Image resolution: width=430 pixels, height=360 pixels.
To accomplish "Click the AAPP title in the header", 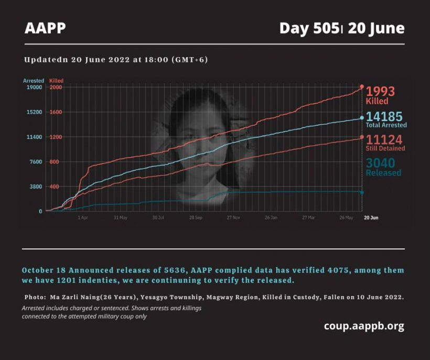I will (x=45, y=28).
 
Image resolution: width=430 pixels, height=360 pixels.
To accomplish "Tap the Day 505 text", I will (x=309, y=28).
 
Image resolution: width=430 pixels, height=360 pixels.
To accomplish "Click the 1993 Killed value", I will (x=380, y=92).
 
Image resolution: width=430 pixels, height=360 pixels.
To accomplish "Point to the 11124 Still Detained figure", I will (x=384, y=139).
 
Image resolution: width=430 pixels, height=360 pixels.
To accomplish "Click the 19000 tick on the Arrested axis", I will (x=35, y=88).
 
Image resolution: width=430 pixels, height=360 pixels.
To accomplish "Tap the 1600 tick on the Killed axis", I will (x=56, y=112).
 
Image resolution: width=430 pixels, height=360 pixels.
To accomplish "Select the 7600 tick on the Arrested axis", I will (x=36, y=162).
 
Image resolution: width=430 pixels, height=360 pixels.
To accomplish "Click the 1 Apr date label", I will (x=83, y=217).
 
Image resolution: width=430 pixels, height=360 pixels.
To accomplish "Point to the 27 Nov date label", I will (x=233, y=217).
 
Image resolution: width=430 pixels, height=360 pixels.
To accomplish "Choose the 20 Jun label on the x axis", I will (x=371, y=217).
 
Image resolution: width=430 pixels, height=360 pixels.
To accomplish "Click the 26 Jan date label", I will (x=271, y=217).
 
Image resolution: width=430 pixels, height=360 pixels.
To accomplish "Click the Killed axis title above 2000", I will (x=56, y=81).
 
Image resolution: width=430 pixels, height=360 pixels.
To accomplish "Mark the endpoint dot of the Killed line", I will (x=362, y=86).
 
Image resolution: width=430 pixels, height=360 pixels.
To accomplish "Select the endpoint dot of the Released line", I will (x=362, y=192).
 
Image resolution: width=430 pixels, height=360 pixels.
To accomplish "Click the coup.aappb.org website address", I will (x=364, y=326).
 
